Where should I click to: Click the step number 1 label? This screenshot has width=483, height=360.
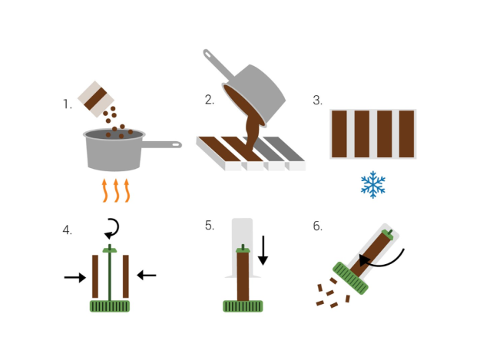pyautogui.click(x=68, y=104)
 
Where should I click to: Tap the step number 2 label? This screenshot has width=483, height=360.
pyautogui.click(x=210, y=100)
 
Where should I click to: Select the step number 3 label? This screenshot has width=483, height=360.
pyautogui.click(x=318, y=100)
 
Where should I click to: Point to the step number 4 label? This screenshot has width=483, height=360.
pyautogui.click(x=67, y=230)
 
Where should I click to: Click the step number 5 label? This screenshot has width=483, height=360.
pyautogui.click(x=210, y=226)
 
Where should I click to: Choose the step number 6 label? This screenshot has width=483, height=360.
pyautogui.click(x=318, y=226)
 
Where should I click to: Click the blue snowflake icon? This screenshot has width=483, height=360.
pyautogui.click(x=373, y=184)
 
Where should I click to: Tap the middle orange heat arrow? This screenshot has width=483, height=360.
pyautogui.click(x=116, y=190)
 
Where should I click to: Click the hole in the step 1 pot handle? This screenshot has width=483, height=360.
pyautogui.click(x=176, y=144)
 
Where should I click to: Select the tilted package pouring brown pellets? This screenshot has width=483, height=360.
pyautogui.click(x=96, y=99)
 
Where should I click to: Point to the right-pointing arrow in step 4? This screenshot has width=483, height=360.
pyautogui.click(x=74, y=277)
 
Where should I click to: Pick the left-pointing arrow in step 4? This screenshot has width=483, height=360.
pyautogui.click(x=147, y=275)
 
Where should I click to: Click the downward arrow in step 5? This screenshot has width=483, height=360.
pyautogui.click(x=263, y=250)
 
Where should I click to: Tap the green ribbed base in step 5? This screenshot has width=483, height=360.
pyautogui.click(x=243, y=306)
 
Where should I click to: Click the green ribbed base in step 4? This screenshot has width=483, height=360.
pyautogui.click(x=110, y=306)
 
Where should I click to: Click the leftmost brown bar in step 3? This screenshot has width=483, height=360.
pyautogui.click(x=339, y=134)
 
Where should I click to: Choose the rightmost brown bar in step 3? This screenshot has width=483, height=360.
pyautogui.click(x=407, y=134)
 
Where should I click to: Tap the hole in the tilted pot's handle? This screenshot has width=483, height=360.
pyautogui.click(x=208, y=54)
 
